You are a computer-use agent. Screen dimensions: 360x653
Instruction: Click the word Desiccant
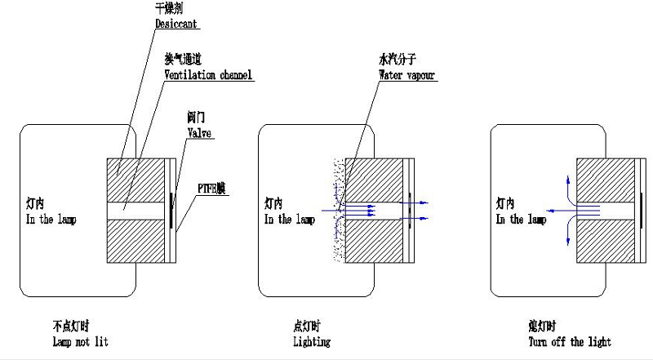coord(177,24)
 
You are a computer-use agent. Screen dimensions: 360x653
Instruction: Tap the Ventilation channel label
coord(208,75)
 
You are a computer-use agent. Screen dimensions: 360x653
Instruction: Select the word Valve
coord(200,133)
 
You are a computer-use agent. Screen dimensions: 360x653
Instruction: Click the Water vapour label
coord(406,75)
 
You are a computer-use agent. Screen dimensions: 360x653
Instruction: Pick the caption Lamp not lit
coord(80,341)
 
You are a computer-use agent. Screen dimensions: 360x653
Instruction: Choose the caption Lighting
coord(311,342)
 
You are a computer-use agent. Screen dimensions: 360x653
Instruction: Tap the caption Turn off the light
coord(569,342)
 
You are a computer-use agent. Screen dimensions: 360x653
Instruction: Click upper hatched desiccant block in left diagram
coord(135,179)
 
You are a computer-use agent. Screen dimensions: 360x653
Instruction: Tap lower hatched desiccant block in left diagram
coord(135,242)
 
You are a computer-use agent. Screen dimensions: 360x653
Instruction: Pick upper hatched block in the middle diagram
coord(375,179)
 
